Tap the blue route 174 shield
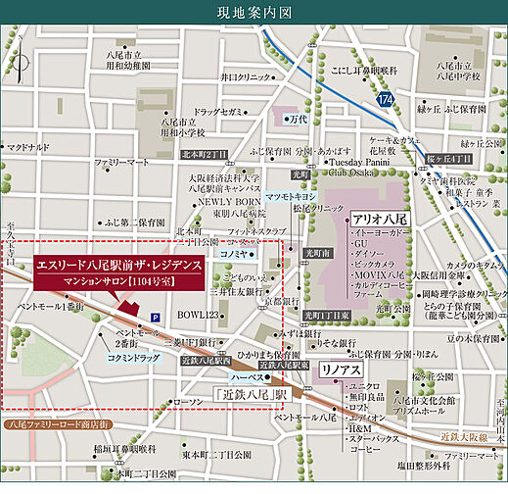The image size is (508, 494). tap(387, 100)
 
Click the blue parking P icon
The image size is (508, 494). tap(156, 316)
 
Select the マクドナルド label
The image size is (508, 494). tap(27, 147)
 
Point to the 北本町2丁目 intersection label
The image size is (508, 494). tap(203, 155)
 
